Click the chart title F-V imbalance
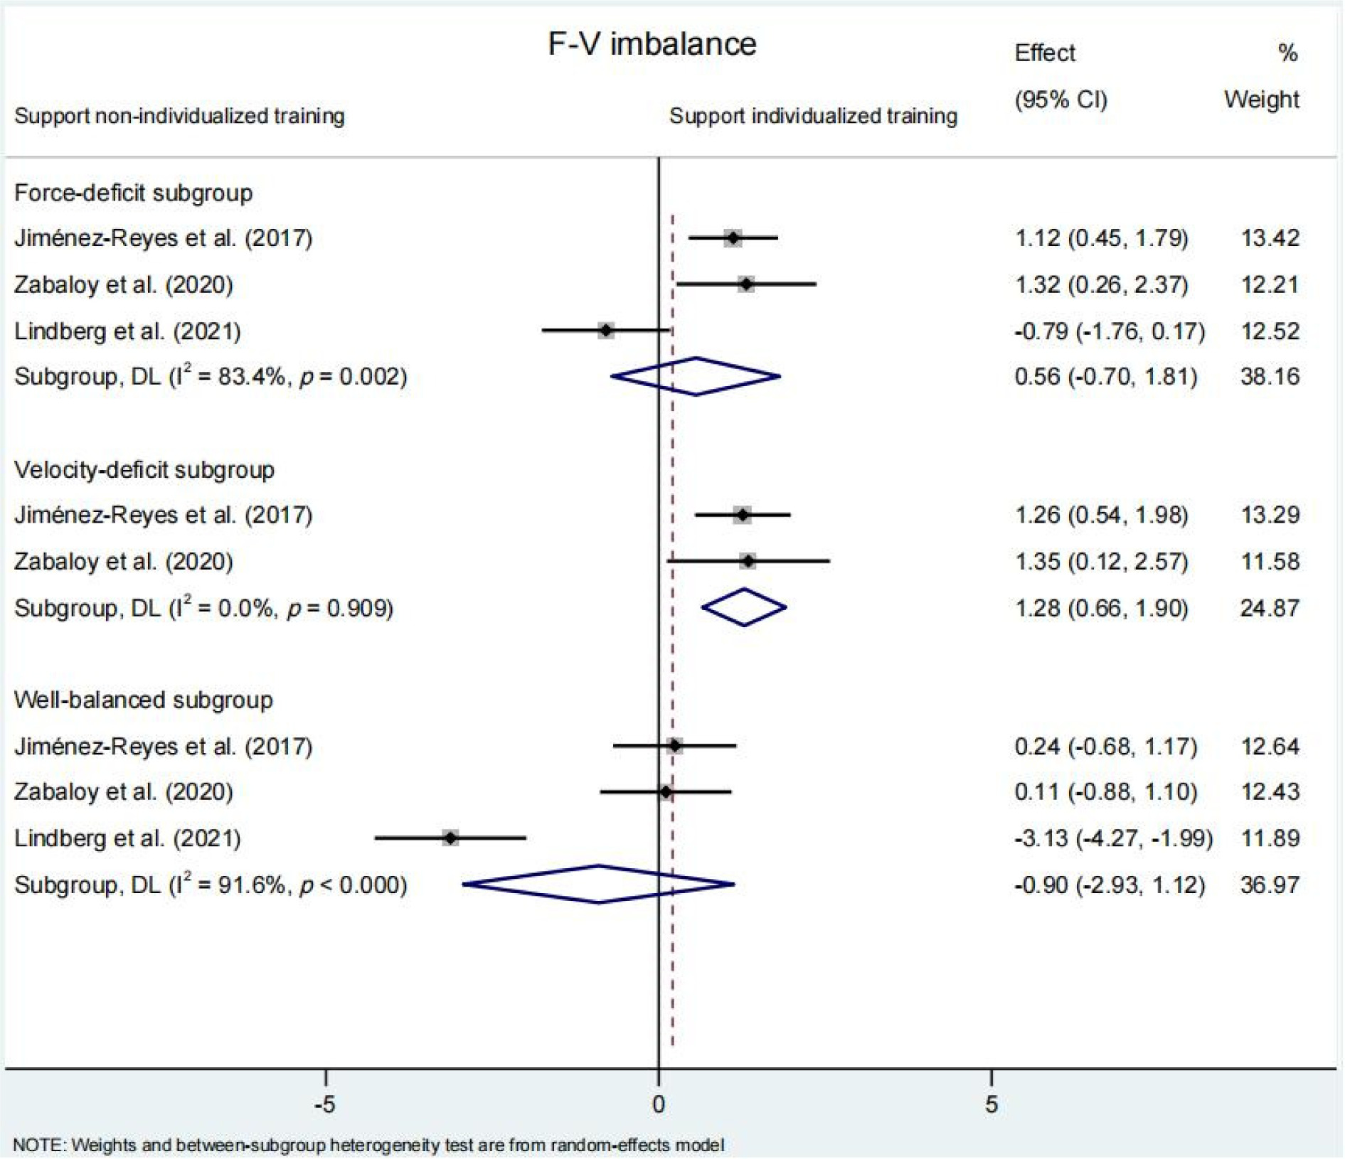652,44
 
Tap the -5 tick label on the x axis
324,1104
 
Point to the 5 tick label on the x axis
991,1104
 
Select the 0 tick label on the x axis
659,1104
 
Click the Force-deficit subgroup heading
133,193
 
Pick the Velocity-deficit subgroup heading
144,469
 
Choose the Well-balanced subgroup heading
143,700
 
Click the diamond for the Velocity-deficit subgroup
744,607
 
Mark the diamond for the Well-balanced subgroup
599,885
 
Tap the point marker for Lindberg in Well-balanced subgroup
450,838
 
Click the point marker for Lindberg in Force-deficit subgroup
606,331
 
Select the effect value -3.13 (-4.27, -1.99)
1113,838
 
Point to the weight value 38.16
1270,376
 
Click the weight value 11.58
1270,561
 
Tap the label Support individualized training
813,116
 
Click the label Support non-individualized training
179,116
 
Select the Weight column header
1261,99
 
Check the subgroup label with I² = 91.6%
211,885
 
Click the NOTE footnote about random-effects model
368,1145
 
